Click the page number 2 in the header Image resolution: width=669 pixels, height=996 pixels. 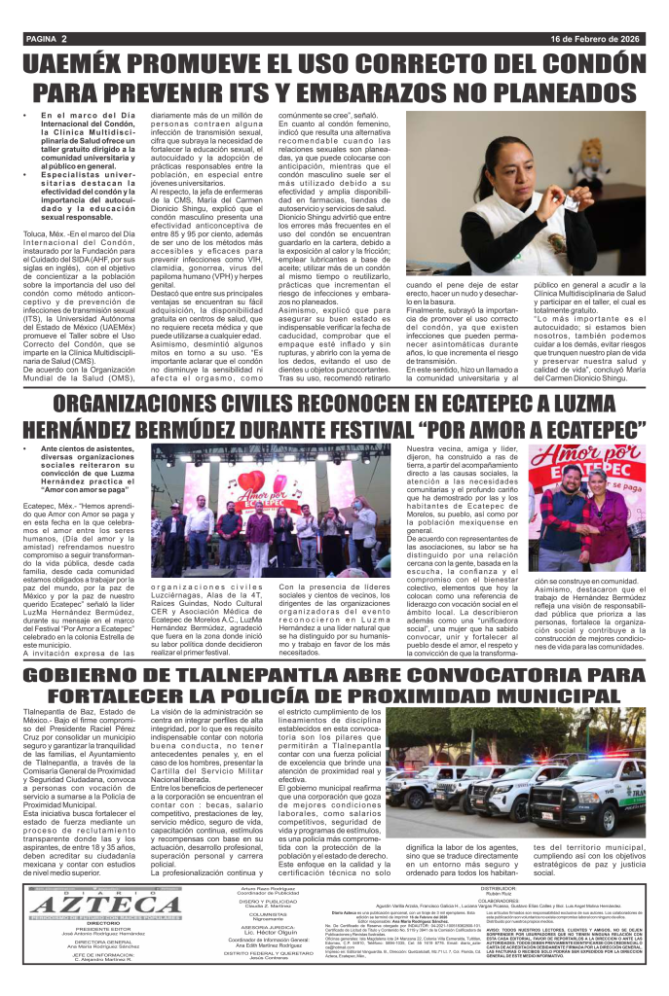coord(63,39)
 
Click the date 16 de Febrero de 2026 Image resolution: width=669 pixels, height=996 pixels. coord(596,39)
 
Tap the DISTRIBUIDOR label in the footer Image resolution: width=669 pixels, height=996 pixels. coord(497,887)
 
